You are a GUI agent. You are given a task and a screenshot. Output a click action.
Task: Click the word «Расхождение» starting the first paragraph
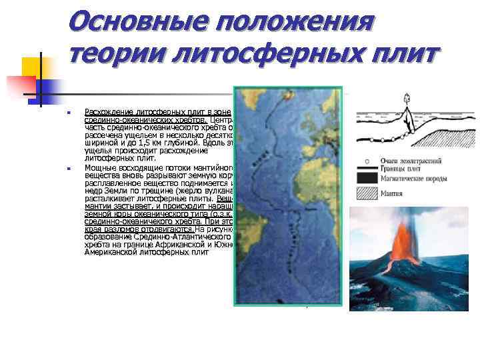109,111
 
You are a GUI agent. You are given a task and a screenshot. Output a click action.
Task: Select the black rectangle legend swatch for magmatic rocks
367,177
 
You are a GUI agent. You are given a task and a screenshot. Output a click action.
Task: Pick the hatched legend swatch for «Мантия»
367,193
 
